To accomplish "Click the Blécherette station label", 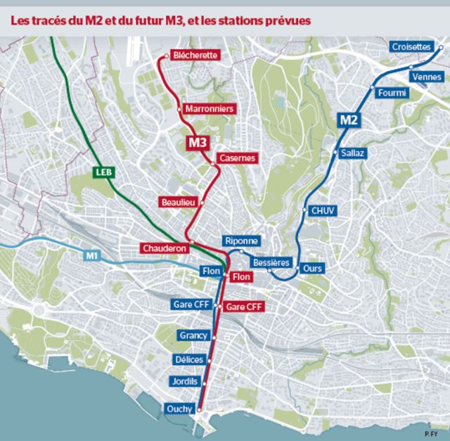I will [x=196, y=55].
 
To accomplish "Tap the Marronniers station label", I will [x=210, y=109].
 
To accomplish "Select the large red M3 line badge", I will [x=198, y=143].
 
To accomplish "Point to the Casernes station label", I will [x=237, y=158].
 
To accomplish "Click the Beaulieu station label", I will [x=177, y=202].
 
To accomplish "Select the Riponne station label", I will [x=242, y=241].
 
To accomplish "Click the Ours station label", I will [x=311, y=269].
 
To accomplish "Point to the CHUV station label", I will [x=323, y=210].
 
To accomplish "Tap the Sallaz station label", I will [x=352, y=153].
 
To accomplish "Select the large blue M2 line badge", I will [x=349, y=120].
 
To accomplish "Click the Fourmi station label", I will [x=392, y=93].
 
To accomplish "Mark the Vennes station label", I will [x=427, y=76].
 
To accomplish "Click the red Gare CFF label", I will [x=245, y=307].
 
